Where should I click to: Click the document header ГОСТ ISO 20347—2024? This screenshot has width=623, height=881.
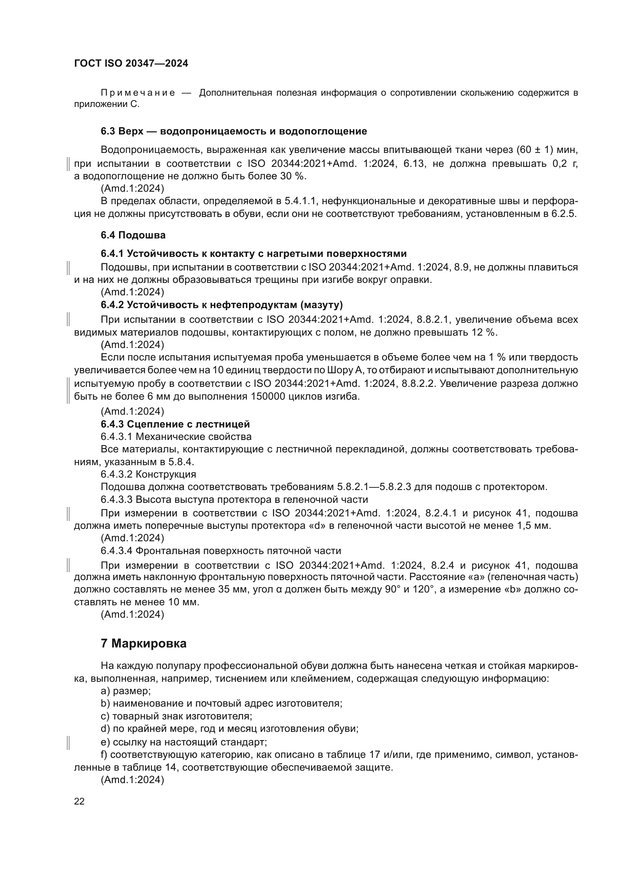131,64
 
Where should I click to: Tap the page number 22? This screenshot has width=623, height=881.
79,801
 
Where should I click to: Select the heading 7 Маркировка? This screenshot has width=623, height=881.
144,643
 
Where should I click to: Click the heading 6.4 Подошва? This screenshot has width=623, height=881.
133,235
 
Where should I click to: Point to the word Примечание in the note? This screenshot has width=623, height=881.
138,93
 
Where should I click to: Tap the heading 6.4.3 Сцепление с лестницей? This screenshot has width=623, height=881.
175,424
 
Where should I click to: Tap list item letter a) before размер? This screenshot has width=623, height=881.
105,692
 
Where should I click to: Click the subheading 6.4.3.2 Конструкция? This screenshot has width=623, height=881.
148,475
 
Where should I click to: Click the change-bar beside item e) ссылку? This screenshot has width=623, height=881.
68,743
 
